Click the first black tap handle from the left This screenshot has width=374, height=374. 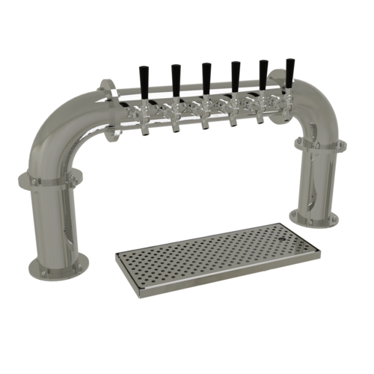tap(144, 76)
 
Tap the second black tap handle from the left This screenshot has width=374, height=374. tap(176, 75)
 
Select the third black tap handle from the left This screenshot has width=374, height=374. tap(206, 73)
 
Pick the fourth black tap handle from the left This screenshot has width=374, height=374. tap(235, 72)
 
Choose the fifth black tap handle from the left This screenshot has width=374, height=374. tap(263, 70)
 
